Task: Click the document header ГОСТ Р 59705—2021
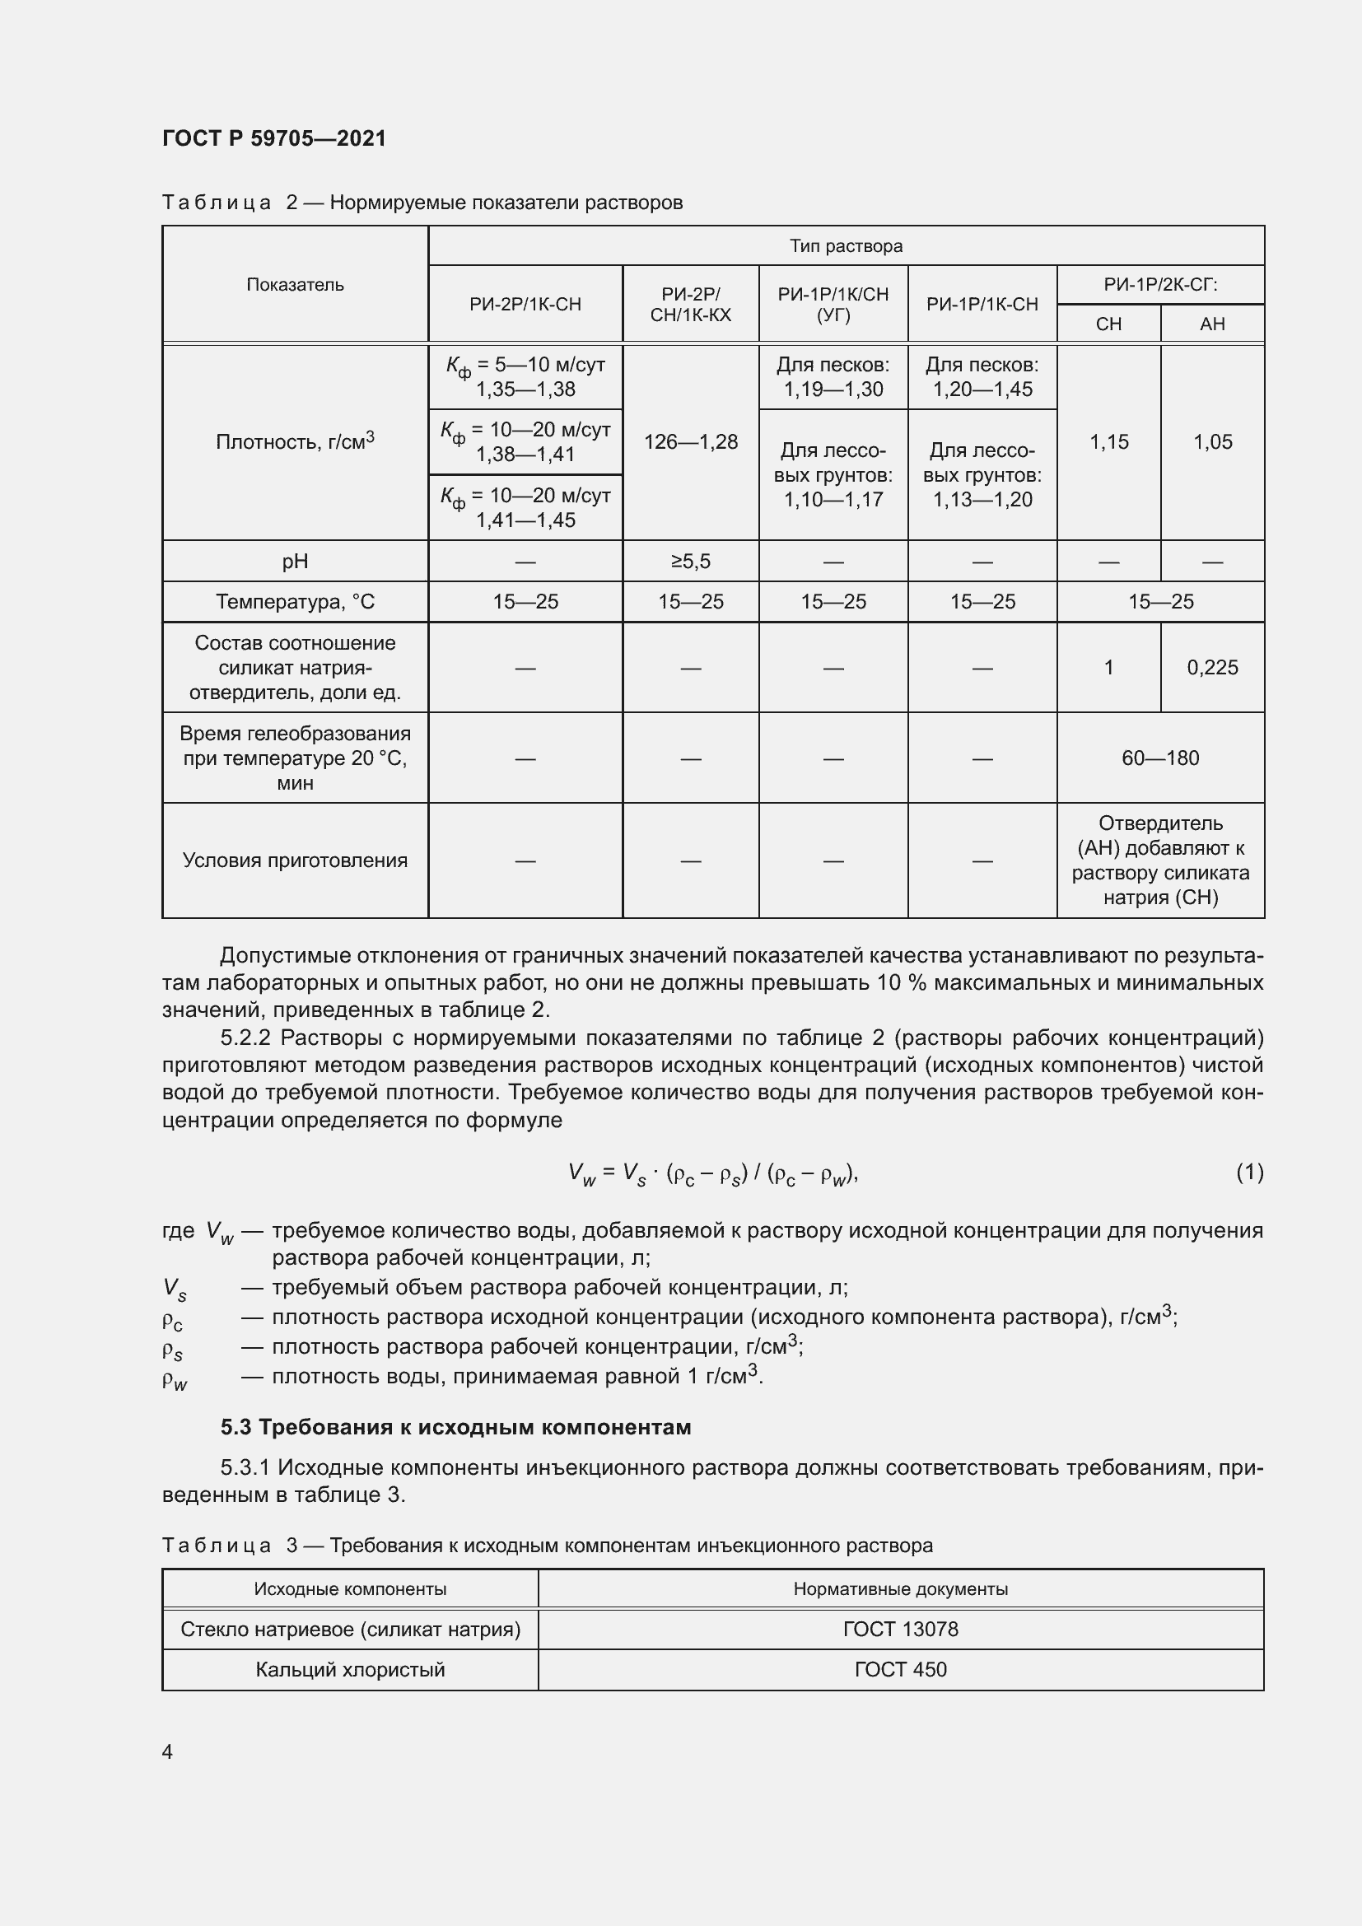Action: click(x=274, y=138)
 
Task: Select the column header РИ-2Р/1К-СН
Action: click(x=525, y=304)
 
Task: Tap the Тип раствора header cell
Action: click(x=846, y=245)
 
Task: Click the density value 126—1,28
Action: click(x=690, y=441)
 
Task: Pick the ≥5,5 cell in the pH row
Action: click(x=690, y=562)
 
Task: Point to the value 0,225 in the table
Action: click(x=1212, y=667)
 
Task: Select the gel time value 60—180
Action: click(x=1160, y=758)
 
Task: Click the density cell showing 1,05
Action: click(x=1212, y=441)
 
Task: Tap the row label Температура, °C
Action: click(x=296, y=601)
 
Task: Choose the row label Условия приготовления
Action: click(x=296, y=860)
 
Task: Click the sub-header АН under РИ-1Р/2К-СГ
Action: click(x=1212, y=324)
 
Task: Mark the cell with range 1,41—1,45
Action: click(x=526, y=520)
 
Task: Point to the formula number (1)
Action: click(x=1249, y=1171)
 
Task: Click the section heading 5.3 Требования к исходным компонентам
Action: click(x=455, y=1427)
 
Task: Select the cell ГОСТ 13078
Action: click(x=900, y=1629)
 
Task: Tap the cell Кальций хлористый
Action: click(x=350, y=1669)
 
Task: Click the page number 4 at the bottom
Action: click(x=167, y=1751)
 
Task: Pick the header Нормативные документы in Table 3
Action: click(x=900, y=1588)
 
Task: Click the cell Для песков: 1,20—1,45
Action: click(x=982, y=376)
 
